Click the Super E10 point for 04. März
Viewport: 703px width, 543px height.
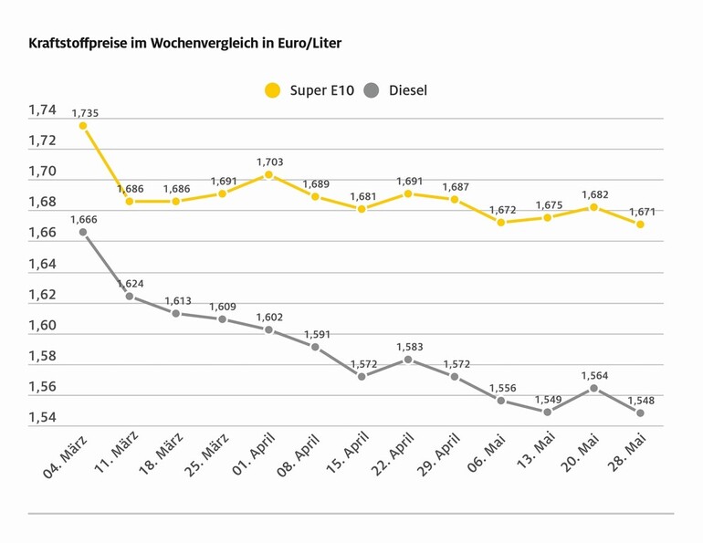coord(83,126)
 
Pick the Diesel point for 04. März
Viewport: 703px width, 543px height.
coord(83,233)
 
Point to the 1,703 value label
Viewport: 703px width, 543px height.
coord(269,162)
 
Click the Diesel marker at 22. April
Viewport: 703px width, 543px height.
coord(408,360)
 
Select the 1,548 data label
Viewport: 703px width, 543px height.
coord(641,401)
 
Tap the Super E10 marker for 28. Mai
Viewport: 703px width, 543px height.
coord(641,225)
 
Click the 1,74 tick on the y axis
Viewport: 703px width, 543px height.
coord(42,110)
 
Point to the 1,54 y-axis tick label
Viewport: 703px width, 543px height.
coord(42,418)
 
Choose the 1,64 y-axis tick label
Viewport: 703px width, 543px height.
coord(42,265)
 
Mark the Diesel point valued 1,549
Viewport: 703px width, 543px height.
coord(548,412)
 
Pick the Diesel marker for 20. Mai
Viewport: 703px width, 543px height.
coord(594,388)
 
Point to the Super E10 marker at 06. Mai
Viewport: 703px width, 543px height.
coord(501,223)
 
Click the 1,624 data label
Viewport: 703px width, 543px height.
coord(130,284)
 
